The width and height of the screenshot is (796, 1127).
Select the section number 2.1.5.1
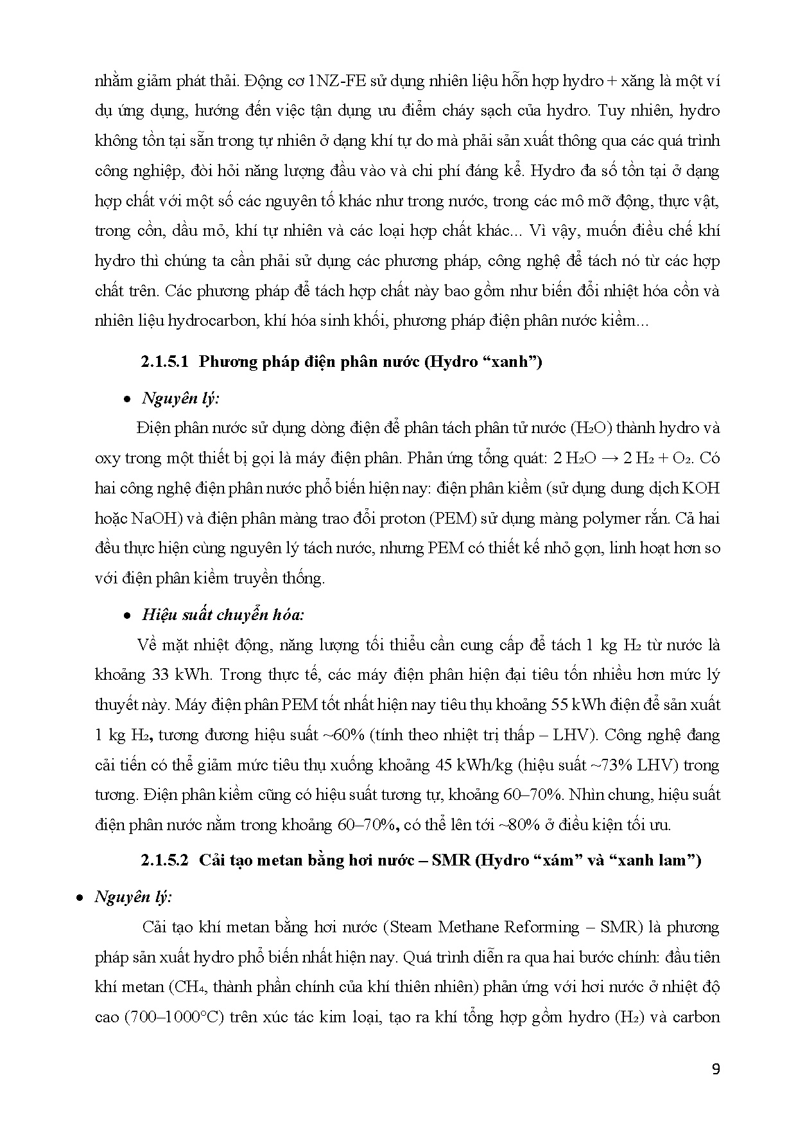[164, 362]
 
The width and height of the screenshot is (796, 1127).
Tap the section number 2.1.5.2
[164, 860]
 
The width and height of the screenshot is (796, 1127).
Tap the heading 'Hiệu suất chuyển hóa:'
[223, 615]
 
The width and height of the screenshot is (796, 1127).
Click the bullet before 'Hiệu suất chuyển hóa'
[128, 616]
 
